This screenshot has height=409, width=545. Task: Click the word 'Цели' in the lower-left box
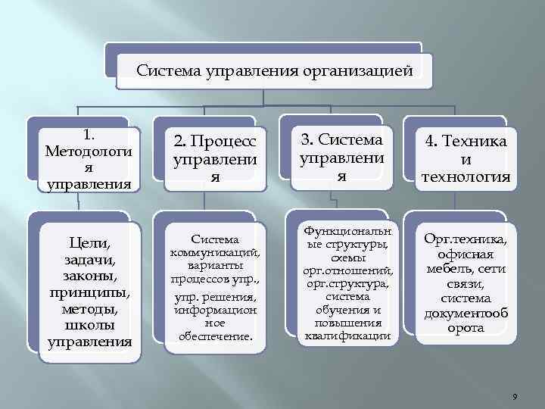[89, 242]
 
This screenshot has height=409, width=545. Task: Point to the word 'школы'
[89, 325]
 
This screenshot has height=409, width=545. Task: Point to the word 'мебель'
[447, 269]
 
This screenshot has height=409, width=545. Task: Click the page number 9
[514, 397]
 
